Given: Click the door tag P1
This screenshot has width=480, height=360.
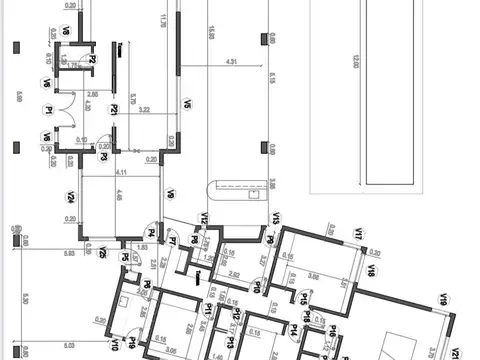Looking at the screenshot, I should (47, 110).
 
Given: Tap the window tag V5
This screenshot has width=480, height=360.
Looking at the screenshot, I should (186, 103).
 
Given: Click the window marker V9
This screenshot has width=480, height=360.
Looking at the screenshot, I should (170, 194).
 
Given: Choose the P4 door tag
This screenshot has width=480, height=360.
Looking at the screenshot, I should (151, 233).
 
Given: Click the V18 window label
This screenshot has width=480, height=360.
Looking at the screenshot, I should (370, 270).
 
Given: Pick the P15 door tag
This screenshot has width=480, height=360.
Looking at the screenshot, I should (303, 298).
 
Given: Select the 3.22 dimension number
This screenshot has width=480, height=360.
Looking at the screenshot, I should (143, 109).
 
